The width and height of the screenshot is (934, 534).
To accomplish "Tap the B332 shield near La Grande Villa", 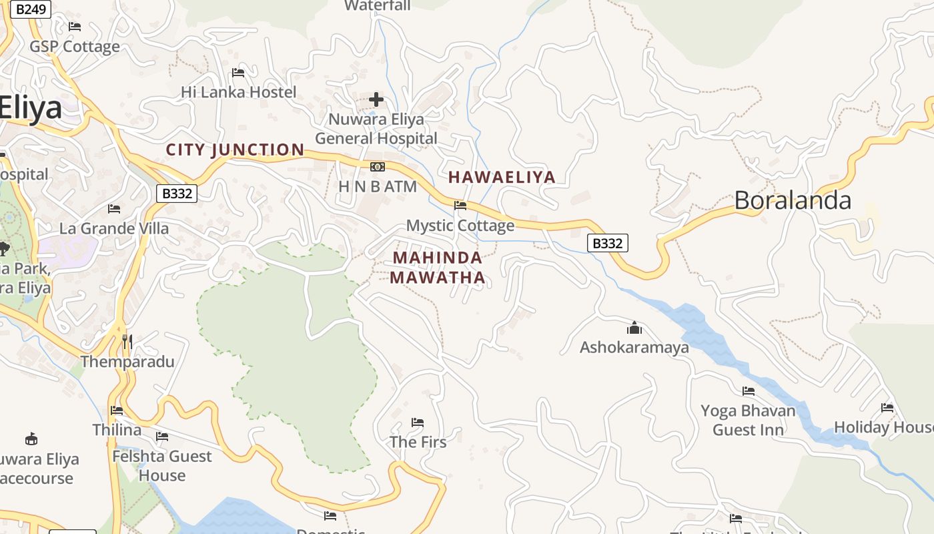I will pos(177,194).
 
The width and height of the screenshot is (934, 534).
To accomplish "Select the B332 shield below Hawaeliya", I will pos(607,244).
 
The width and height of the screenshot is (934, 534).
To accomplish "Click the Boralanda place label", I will pos(793,200).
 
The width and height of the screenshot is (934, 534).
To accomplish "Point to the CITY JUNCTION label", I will pos(235,150).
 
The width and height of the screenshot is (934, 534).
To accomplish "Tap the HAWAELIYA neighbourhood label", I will pos(502,177).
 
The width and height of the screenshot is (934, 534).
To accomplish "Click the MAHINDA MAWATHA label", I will pos(438,267).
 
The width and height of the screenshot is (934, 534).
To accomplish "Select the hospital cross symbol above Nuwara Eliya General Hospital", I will pos(376,100).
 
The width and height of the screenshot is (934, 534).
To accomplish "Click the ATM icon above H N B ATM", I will pos(378,167).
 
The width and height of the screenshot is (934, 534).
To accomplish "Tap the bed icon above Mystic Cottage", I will pos(460,206).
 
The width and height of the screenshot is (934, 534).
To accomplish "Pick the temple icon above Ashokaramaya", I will pos(634,328).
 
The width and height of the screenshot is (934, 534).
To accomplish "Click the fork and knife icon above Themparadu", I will pos(127,342).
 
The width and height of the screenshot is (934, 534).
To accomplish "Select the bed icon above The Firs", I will pos(418,423).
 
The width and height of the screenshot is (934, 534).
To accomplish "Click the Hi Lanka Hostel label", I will pos(238,92).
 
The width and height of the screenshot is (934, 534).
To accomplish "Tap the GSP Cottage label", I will pos(75,47).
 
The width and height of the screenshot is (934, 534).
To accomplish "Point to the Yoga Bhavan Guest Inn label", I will pos(748,420).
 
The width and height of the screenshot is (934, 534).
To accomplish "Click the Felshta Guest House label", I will pos(161,466).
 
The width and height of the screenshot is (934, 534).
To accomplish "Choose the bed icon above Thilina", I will pos(117,411).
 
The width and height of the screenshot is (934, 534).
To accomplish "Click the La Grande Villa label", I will pos(114,228).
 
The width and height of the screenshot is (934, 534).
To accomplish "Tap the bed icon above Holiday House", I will pos(887,408).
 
